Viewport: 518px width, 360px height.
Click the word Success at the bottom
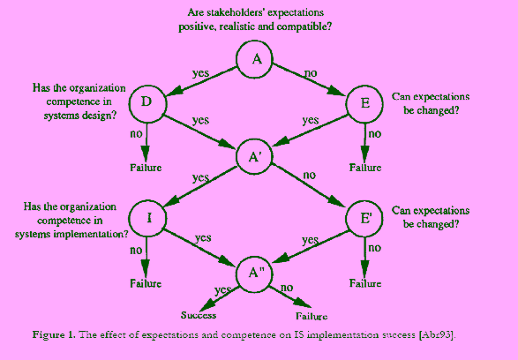point(199,315)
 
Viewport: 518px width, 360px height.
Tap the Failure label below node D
point(146,168)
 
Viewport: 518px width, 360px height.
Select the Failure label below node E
point(365,168)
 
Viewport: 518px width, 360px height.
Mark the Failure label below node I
point(146,283)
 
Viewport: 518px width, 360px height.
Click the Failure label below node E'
point(365,283)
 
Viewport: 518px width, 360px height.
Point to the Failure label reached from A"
point(312,316)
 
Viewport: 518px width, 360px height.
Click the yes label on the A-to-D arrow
point(200,73)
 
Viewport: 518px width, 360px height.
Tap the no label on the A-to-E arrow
point(311,73)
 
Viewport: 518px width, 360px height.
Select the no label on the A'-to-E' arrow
point(310,175)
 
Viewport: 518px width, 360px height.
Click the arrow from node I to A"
point(200,247)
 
